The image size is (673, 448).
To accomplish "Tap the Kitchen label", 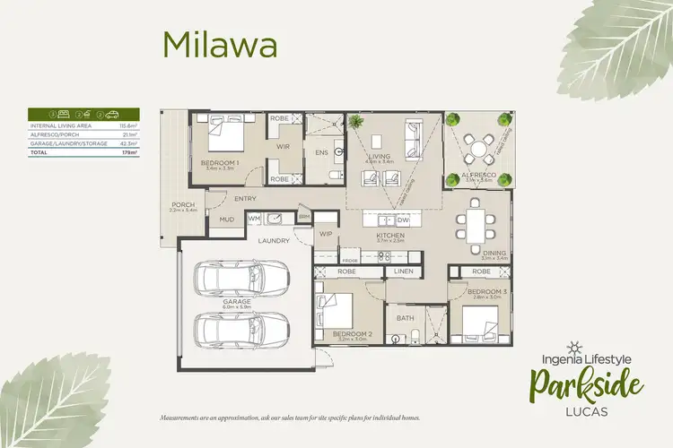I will click(x=391, y=236).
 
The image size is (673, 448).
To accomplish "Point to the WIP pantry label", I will click(x=326, y=234).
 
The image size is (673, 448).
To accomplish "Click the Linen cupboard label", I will click(x=402, y=271).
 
